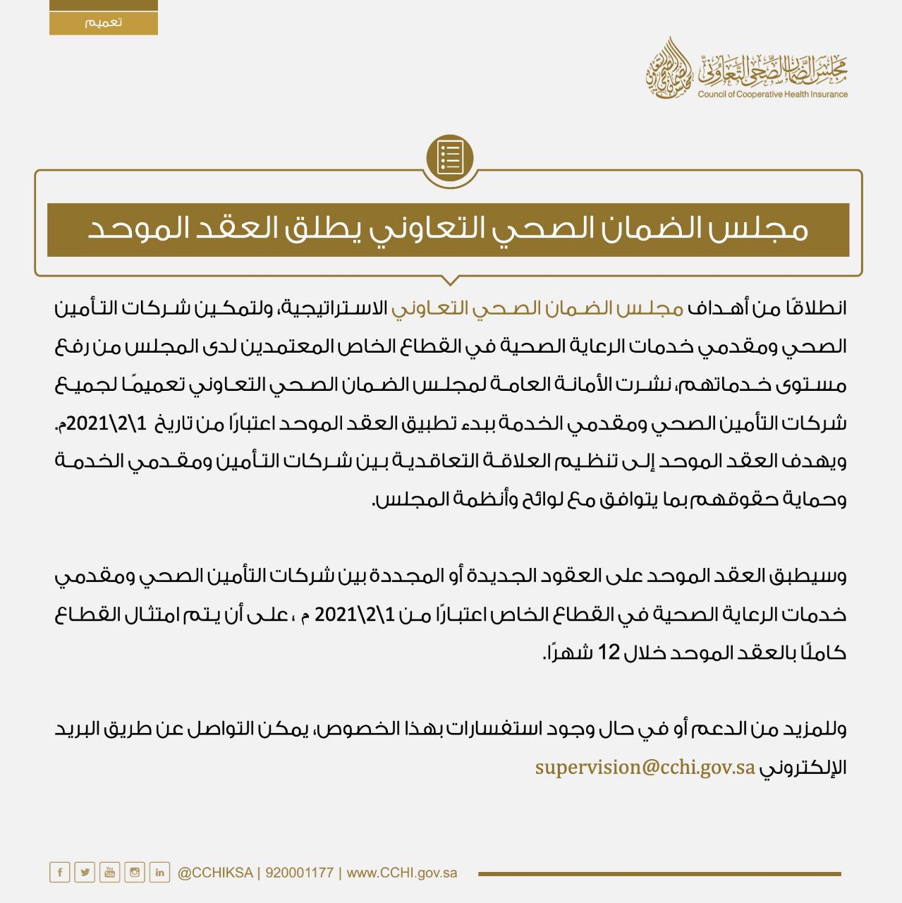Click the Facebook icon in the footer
[60, 873]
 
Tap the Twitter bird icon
[85, 873]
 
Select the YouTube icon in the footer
[110, 873]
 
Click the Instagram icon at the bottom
[135, 873]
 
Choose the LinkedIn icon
[160, 873]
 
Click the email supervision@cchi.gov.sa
[645, 767]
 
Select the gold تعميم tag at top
[104, 22]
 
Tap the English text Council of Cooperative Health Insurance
[773, 95]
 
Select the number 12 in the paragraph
[609, 653]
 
